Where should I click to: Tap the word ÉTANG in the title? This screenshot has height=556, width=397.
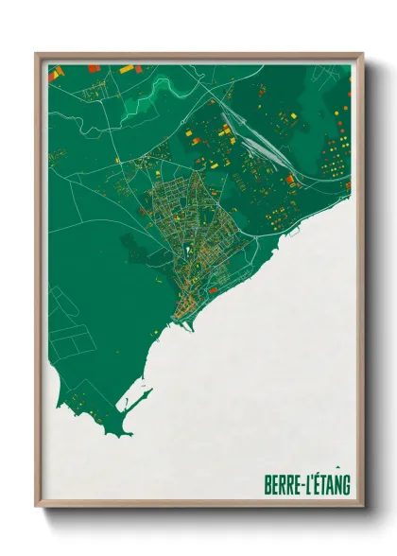tap(332, 485)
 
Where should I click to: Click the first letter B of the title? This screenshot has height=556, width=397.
tap(268, 485)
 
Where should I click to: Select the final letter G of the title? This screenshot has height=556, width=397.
tap(347, 485)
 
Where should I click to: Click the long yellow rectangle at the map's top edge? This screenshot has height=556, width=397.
tap(127, 68)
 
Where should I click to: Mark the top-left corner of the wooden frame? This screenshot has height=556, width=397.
tap(37, 54)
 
